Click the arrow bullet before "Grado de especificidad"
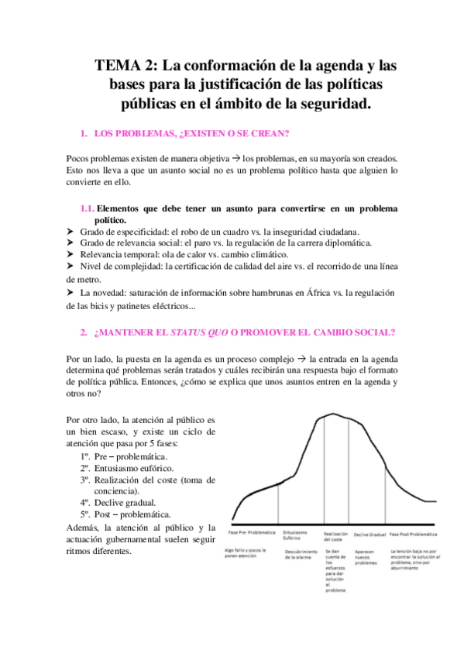click(71, 231)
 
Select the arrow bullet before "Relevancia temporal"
click(71, 254)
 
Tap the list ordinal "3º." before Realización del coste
click(86, 480)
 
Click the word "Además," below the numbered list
click(83, 526)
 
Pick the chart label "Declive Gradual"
click(369, 534)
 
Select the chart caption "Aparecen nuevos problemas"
click(366, 558)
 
